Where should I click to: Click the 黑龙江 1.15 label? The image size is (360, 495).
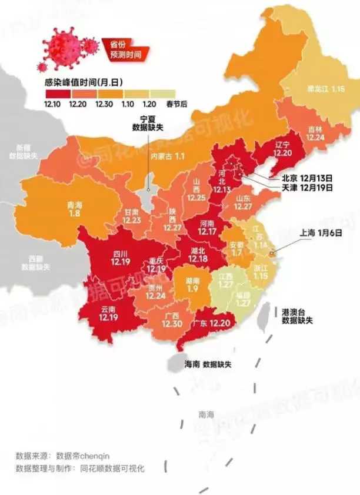click(x=325, y=89)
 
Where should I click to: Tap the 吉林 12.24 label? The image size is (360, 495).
click(x=315, y=132)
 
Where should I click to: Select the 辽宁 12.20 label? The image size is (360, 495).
click(x=282, y=148)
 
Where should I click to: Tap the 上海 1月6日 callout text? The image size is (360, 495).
click(x=321, y=233)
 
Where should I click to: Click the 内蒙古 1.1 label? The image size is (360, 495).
click(x=168, y=156)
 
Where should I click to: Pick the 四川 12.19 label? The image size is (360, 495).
click(x=120, y=257)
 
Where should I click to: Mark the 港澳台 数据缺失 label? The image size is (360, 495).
click(x=297, y=316)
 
